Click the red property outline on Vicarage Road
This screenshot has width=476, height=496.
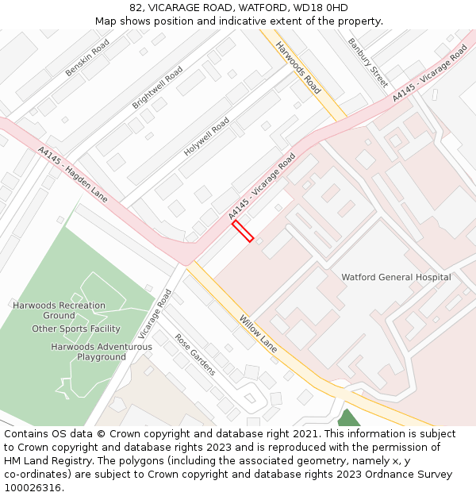[x=243, y=231]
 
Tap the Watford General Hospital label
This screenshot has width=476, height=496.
[x=396, y=278]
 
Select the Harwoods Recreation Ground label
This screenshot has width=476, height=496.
[x=59, y=310]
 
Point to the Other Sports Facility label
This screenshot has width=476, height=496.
[x=76, y=329]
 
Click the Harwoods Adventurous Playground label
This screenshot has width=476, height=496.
[x=102, y=352]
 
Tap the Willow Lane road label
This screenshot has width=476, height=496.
[x=258, y=333]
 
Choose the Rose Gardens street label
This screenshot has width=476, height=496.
[x=195, y=354]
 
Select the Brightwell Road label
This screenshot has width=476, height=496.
[x=157, y=87]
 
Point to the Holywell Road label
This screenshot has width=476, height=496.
[x=206, y=136]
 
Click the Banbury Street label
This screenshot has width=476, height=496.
[x=368, y=62]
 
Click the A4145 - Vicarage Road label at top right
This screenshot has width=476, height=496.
[x=429, y=73]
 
